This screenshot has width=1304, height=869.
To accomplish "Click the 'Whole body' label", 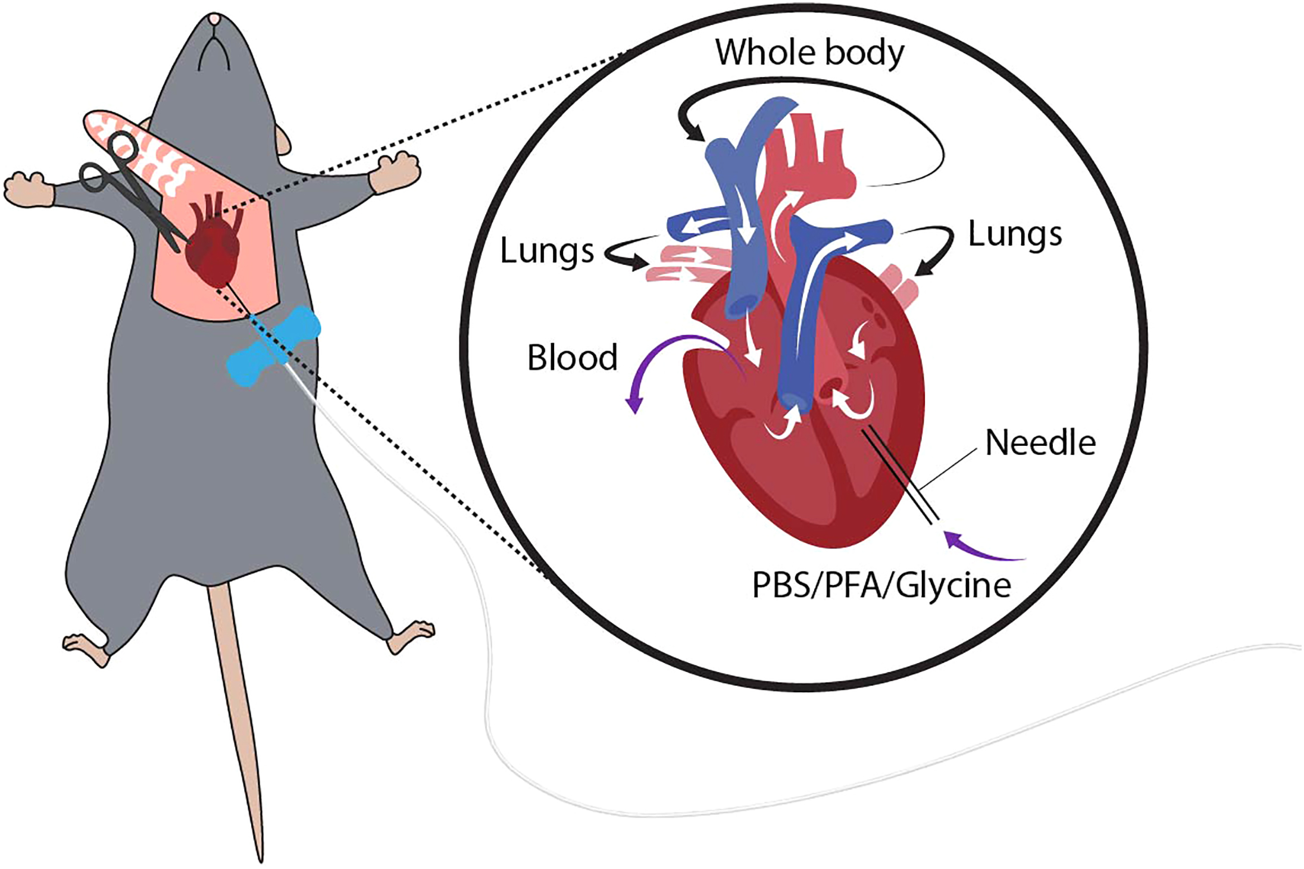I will pos(809,54).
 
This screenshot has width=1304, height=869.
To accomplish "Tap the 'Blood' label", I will pos(572,358).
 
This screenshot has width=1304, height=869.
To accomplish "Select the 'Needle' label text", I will pos(1040,443).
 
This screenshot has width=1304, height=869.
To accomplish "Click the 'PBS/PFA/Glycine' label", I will pos(881,586).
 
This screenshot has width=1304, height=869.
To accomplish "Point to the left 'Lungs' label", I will pos(546,251).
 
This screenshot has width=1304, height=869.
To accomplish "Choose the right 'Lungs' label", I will pos(1015,235).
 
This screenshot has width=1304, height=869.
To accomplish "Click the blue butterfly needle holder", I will pos(274,346).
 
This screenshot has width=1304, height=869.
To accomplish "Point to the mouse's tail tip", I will pos(261,857).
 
